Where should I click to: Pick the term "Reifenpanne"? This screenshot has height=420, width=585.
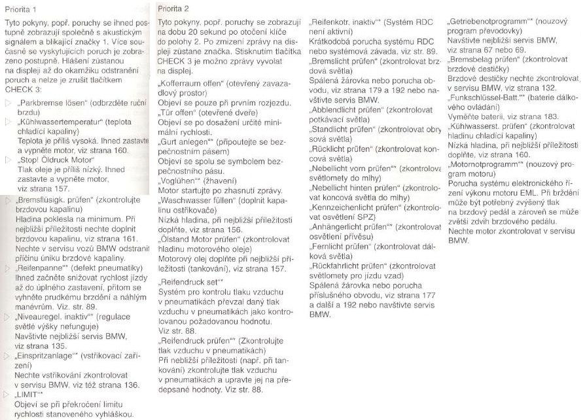click(42, 268)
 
